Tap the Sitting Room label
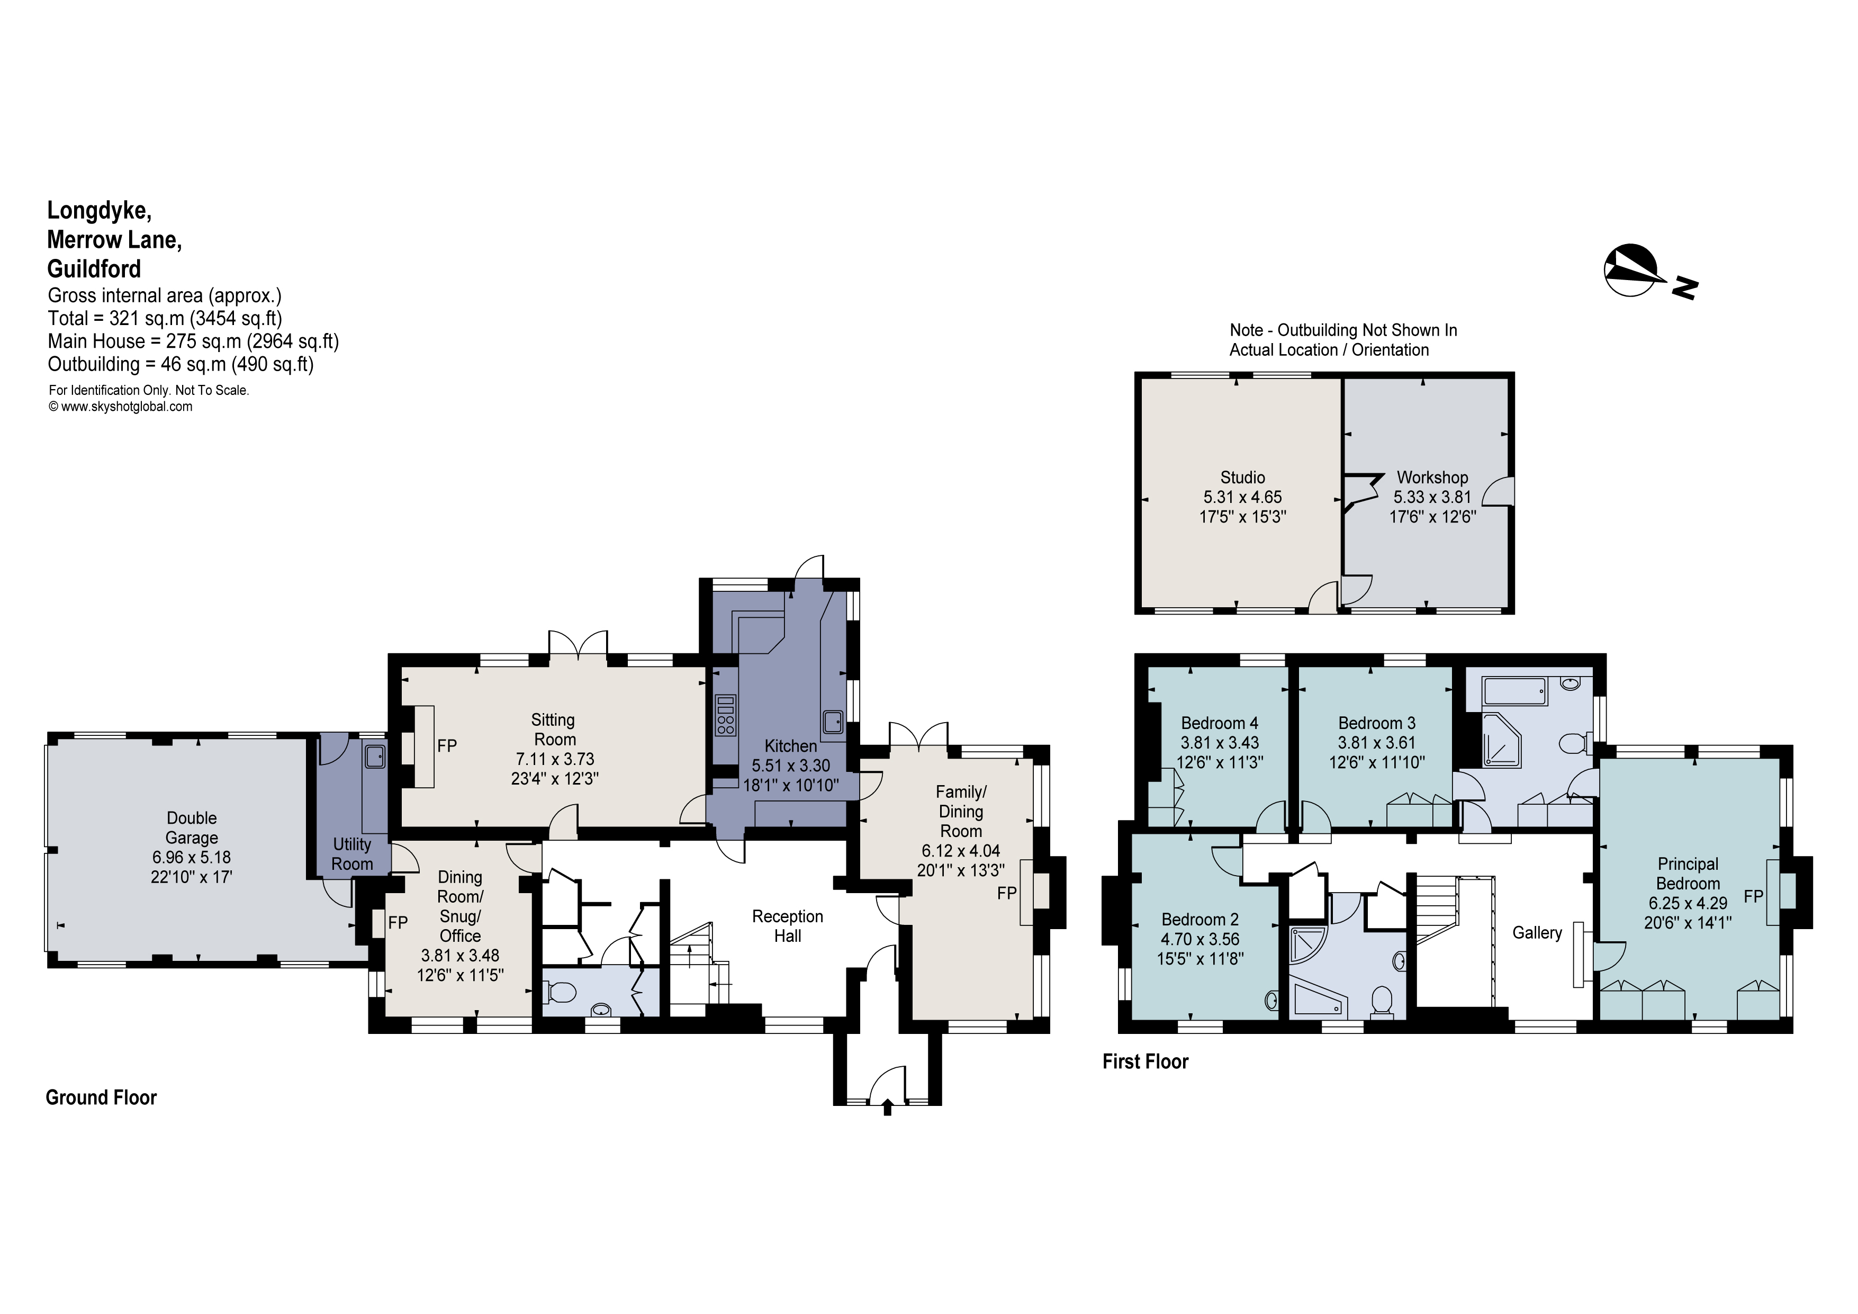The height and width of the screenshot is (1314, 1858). [x=554, y=729]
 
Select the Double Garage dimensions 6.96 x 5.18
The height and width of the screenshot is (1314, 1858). [x=191, y=857]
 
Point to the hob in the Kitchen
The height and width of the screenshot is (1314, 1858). [x=726, y=715]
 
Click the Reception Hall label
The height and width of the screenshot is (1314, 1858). [x=787, y=925]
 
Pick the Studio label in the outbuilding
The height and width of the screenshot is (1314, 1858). [x=1242, y=478]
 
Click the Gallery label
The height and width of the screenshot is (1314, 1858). [x=1537, y=932]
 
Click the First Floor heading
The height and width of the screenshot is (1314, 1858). [x=1145, y=1061]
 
